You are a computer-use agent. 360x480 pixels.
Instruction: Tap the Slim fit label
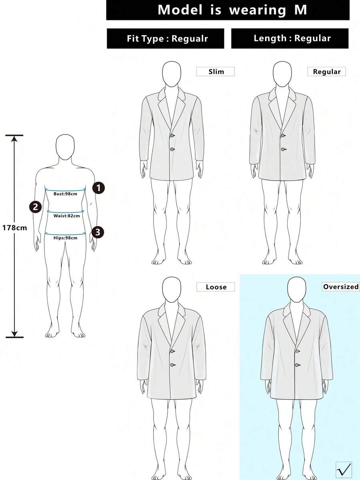(x=216, y=72)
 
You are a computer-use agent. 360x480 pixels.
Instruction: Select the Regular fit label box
(x=326, y=72)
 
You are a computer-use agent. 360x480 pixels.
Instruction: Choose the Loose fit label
(x=216, y=287)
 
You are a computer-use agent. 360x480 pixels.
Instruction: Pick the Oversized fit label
(x=341, y=287)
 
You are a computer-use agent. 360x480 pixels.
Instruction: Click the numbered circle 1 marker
(x=99, y=188)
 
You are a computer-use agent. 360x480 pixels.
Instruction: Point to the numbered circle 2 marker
(x=36, y=207)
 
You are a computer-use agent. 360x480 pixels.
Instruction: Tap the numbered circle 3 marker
(x=98, y=232)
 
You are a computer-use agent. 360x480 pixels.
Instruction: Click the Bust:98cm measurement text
(x=65, y=194)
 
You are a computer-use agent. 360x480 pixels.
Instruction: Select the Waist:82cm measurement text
(x=66, y=216)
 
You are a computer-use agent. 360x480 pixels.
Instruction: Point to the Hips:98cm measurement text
(x=66, y=238)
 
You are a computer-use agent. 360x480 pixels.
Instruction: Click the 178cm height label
(x=14, y=228)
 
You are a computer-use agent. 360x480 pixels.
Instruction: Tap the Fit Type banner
(x=166, y=38)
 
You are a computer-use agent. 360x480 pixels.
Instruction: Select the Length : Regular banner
(x=290, y=38)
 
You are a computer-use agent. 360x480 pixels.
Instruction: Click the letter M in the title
(x=300, y=10)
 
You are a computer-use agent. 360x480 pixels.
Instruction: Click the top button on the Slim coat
(x=172, y=136)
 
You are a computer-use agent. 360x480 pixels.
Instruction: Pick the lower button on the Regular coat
(x=283, y=149)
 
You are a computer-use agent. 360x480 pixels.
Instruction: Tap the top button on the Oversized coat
(x=297, y=351)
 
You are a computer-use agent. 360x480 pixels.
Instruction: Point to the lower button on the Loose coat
(x=172, y=365)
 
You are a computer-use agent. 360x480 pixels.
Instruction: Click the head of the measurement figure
(x=65, y=147)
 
